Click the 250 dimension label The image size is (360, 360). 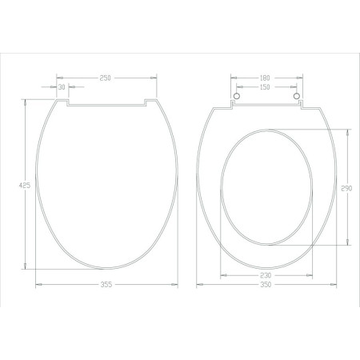105,77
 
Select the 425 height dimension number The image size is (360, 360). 25,185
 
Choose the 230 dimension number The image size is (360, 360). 266,275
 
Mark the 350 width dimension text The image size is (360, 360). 266,284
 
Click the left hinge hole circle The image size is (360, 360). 237,98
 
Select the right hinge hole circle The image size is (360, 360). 297,98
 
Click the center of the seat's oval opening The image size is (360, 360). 266,186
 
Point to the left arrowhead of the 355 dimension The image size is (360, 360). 38,284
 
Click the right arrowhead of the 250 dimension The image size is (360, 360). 154,78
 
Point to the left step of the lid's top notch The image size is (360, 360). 66,102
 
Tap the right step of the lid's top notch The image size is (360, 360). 145,102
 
